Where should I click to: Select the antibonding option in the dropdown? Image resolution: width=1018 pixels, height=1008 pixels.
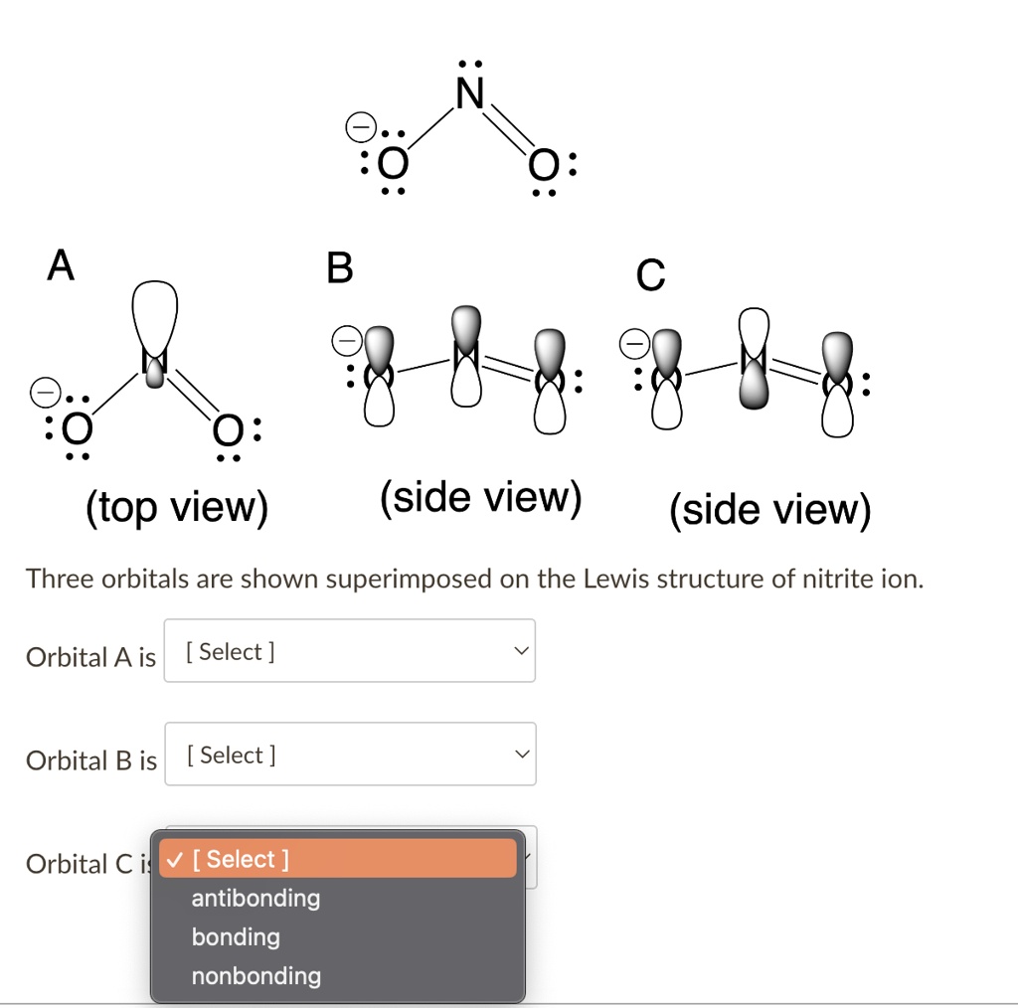[255, 899]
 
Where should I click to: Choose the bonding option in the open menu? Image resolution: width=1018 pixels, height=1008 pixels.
[236, 937]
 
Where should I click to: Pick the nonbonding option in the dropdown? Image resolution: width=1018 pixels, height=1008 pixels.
[255, 976]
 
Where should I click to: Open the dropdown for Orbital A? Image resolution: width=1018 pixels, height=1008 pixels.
[349, 651]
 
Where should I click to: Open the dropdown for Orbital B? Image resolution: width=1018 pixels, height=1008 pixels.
[349, 755]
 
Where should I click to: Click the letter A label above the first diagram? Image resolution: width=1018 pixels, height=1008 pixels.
[61, 265]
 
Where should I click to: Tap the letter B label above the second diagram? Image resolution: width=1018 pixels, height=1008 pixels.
[340, 267]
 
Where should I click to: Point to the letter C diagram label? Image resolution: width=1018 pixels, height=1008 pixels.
[650, 275]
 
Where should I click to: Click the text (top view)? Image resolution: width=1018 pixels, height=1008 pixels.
[177, 508]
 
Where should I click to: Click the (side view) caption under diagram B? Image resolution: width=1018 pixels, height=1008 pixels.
[480, 496]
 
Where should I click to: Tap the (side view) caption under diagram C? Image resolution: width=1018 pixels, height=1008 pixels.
[769, 509]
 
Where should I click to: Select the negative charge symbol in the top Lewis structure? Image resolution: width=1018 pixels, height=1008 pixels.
[359, 127]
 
